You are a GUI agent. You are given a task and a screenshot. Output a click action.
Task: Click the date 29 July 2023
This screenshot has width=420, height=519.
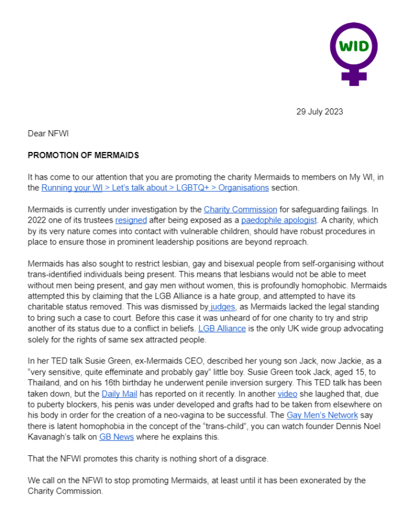point(319,112)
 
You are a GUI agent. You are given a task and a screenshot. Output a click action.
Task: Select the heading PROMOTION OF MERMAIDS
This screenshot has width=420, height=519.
point(83,156)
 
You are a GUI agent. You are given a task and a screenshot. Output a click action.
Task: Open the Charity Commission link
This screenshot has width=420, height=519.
point(240,210)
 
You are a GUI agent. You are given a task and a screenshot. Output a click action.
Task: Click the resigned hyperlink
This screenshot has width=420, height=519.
point(131,220)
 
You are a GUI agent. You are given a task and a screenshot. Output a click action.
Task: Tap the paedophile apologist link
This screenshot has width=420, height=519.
point(279,220)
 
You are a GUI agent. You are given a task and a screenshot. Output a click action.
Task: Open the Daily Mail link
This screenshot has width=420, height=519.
point(120,394)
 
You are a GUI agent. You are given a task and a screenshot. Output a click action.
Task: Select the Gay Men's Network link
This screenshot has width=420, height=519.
point(322,415)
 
